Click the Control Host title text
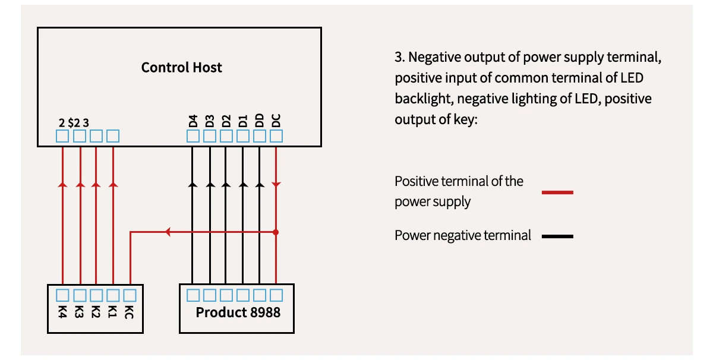(x=181, y=67)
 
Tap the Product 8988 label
(x=238, y=312)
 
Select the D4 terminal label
(x=193, y=121)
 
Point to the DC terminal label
(x=276, y=121)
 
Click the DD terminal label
(x=260, y=121)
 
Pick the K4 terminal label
(x=62, y=311)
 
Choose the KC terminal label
(x=130, y=311)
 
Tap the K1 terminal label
(x=113, y=311)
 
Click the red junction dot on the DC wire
(x=276, y=232)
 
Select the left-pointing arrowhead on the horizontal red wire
(x=168, y=232)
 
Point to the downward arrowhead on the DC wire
(x=276, y=185)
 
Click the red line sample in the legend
(x=557, y=192)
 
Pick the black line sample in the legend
(x=557, y=236)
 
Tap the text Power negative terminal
(x=462, y=235)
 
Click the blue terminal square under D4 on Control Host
(x=193, y=137)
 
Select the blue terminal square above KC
(x=130, y=295)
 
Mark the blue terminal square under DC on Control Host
(x=276, y=137)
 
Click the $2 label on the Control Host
(x=74, y=123)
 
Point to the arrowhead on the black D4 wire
(x=193, y=185)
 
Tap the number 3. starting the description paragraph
(x=399, y=58)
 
